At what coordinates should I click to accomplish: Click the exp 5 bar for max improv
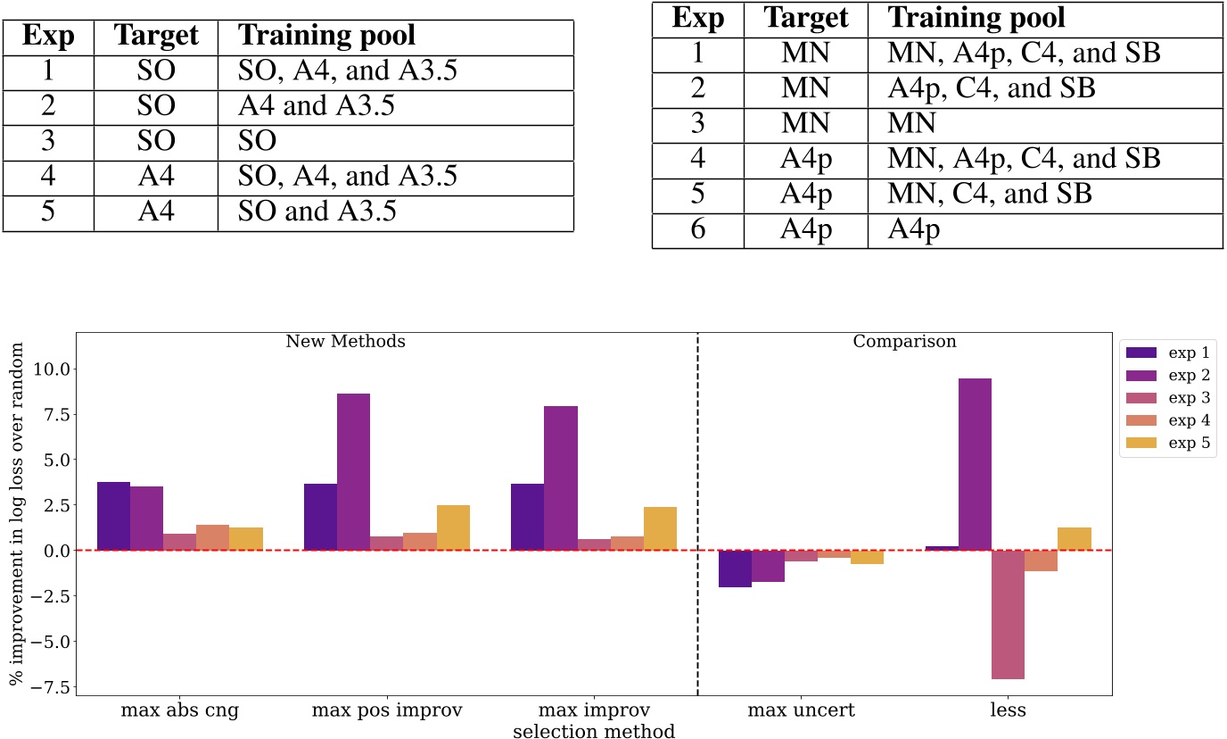[660, 528]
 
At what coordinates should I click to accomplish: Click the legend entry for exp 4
[1167, 421]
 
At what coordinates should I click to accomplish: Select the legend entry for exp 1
[1167, 352]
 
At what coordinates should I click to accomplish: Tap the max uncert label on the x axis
[802, 711]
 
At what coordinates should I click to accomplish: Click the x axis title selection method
[593, 731]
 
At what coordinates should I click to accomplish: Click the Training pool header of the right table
[977, 18]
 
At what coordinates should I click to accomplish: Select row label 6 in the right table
[697, 229]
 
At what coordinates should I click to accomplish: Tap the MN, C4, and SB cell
[990, 195]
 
